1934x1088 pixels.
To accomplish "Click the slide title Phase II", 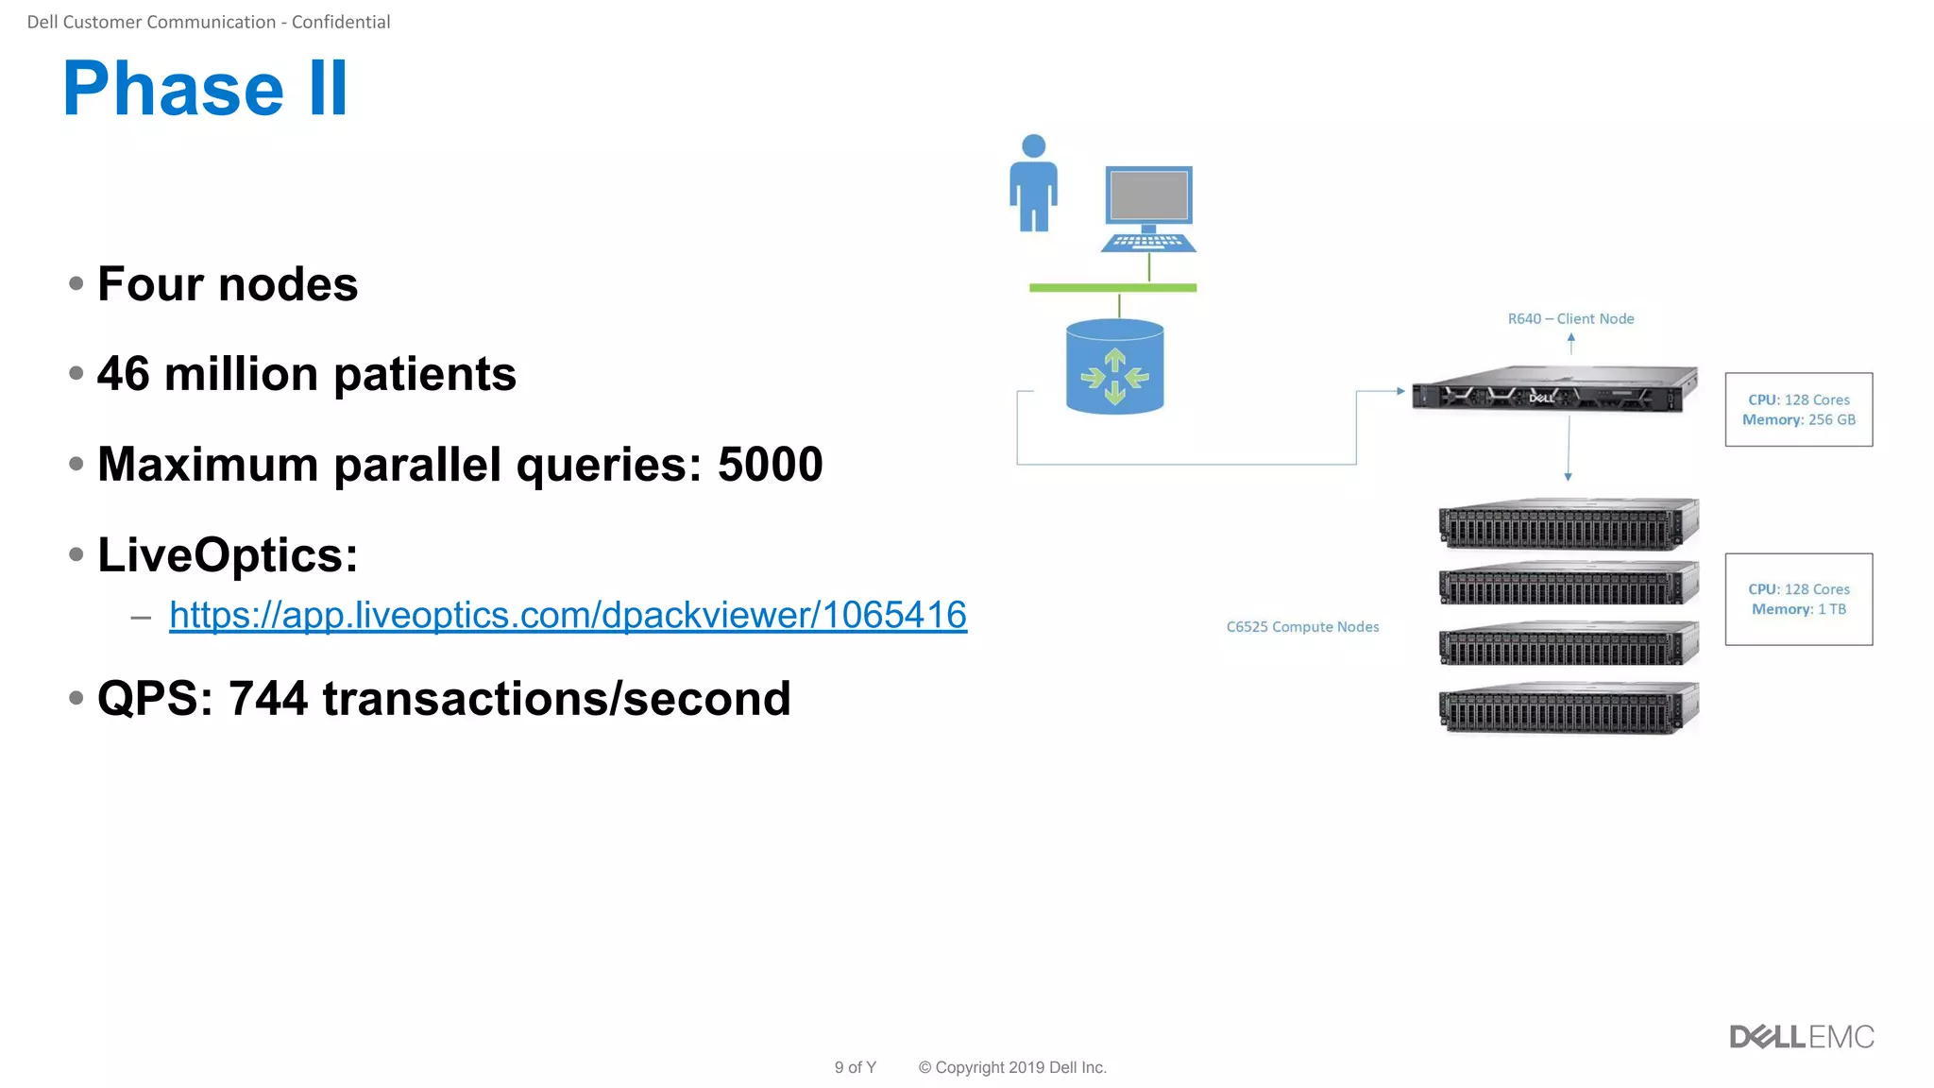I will [205, 89].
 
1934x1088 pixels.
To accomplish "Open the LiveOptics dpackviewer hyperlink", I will [568, 615].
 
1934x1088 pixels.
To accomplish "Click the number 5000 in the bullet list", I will [770, 465].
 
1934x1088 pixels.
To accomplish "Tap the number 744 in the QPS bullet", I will [268, 699].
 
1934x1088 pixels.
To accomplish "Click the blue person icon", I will [1033, 183].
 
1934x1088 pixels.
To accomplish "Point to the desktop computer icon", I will [1148, 209].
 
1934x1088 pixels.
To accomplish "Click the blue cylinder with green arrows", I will [1114, 367].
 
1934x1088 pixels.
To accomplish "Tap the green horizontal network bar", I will [1112, 287].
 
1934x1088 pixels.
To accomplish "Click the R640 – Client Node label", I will [1570, 319].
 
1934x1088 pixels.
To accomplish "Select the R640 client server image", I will [1554, 389].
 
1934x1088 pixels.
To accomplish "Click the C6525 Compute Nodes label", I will [1302, 627].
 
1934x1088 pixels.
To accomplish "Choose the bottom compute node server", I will [1569, 707].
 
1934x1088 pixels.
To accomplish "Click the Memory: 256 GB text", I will [1799, 420].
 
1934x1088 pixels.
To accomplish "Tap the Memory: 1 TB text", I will [1799, 609].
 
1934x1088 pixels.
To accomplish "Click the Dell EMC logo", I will [1801, 1037].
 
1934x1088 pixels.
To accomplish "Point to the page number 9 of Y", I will [855, 1067].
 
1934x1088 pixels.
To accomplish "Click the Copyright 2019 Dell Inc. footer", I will [1011, 1067].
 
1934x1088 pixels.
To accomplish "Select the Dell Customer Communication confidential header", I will [209, 22].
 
